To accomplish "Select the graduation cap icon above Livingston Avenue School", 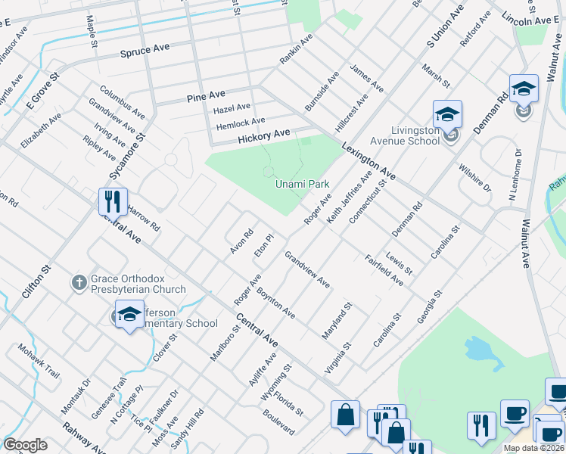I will pyautogui.click(x=447, y=115).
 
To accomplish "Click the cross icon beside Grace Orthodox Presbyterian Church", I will pyautogui.click(x=79, y=283).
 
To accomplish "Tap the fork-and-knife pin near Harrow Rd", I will pyautogui.click(x=113, y=202).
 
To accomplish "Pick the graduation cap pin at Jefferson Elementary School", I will pyautogui.click(x=129, y=314).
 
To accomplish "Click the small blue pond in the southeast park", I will pyautogui.click(x=478, y=350).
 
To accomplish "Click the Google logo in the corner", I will pyautogui.click(x=25, y=444).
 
